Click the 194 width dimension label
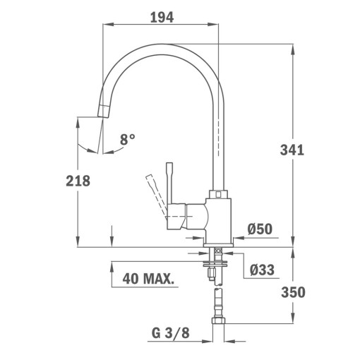162,17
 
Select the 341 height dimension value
292,150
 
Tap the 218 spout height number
78,181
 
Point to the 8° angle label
127,140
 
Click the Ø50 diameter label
260,229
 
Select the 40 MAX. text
148,279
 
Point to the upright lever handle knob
169,167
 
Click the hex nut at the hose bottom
219,324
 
